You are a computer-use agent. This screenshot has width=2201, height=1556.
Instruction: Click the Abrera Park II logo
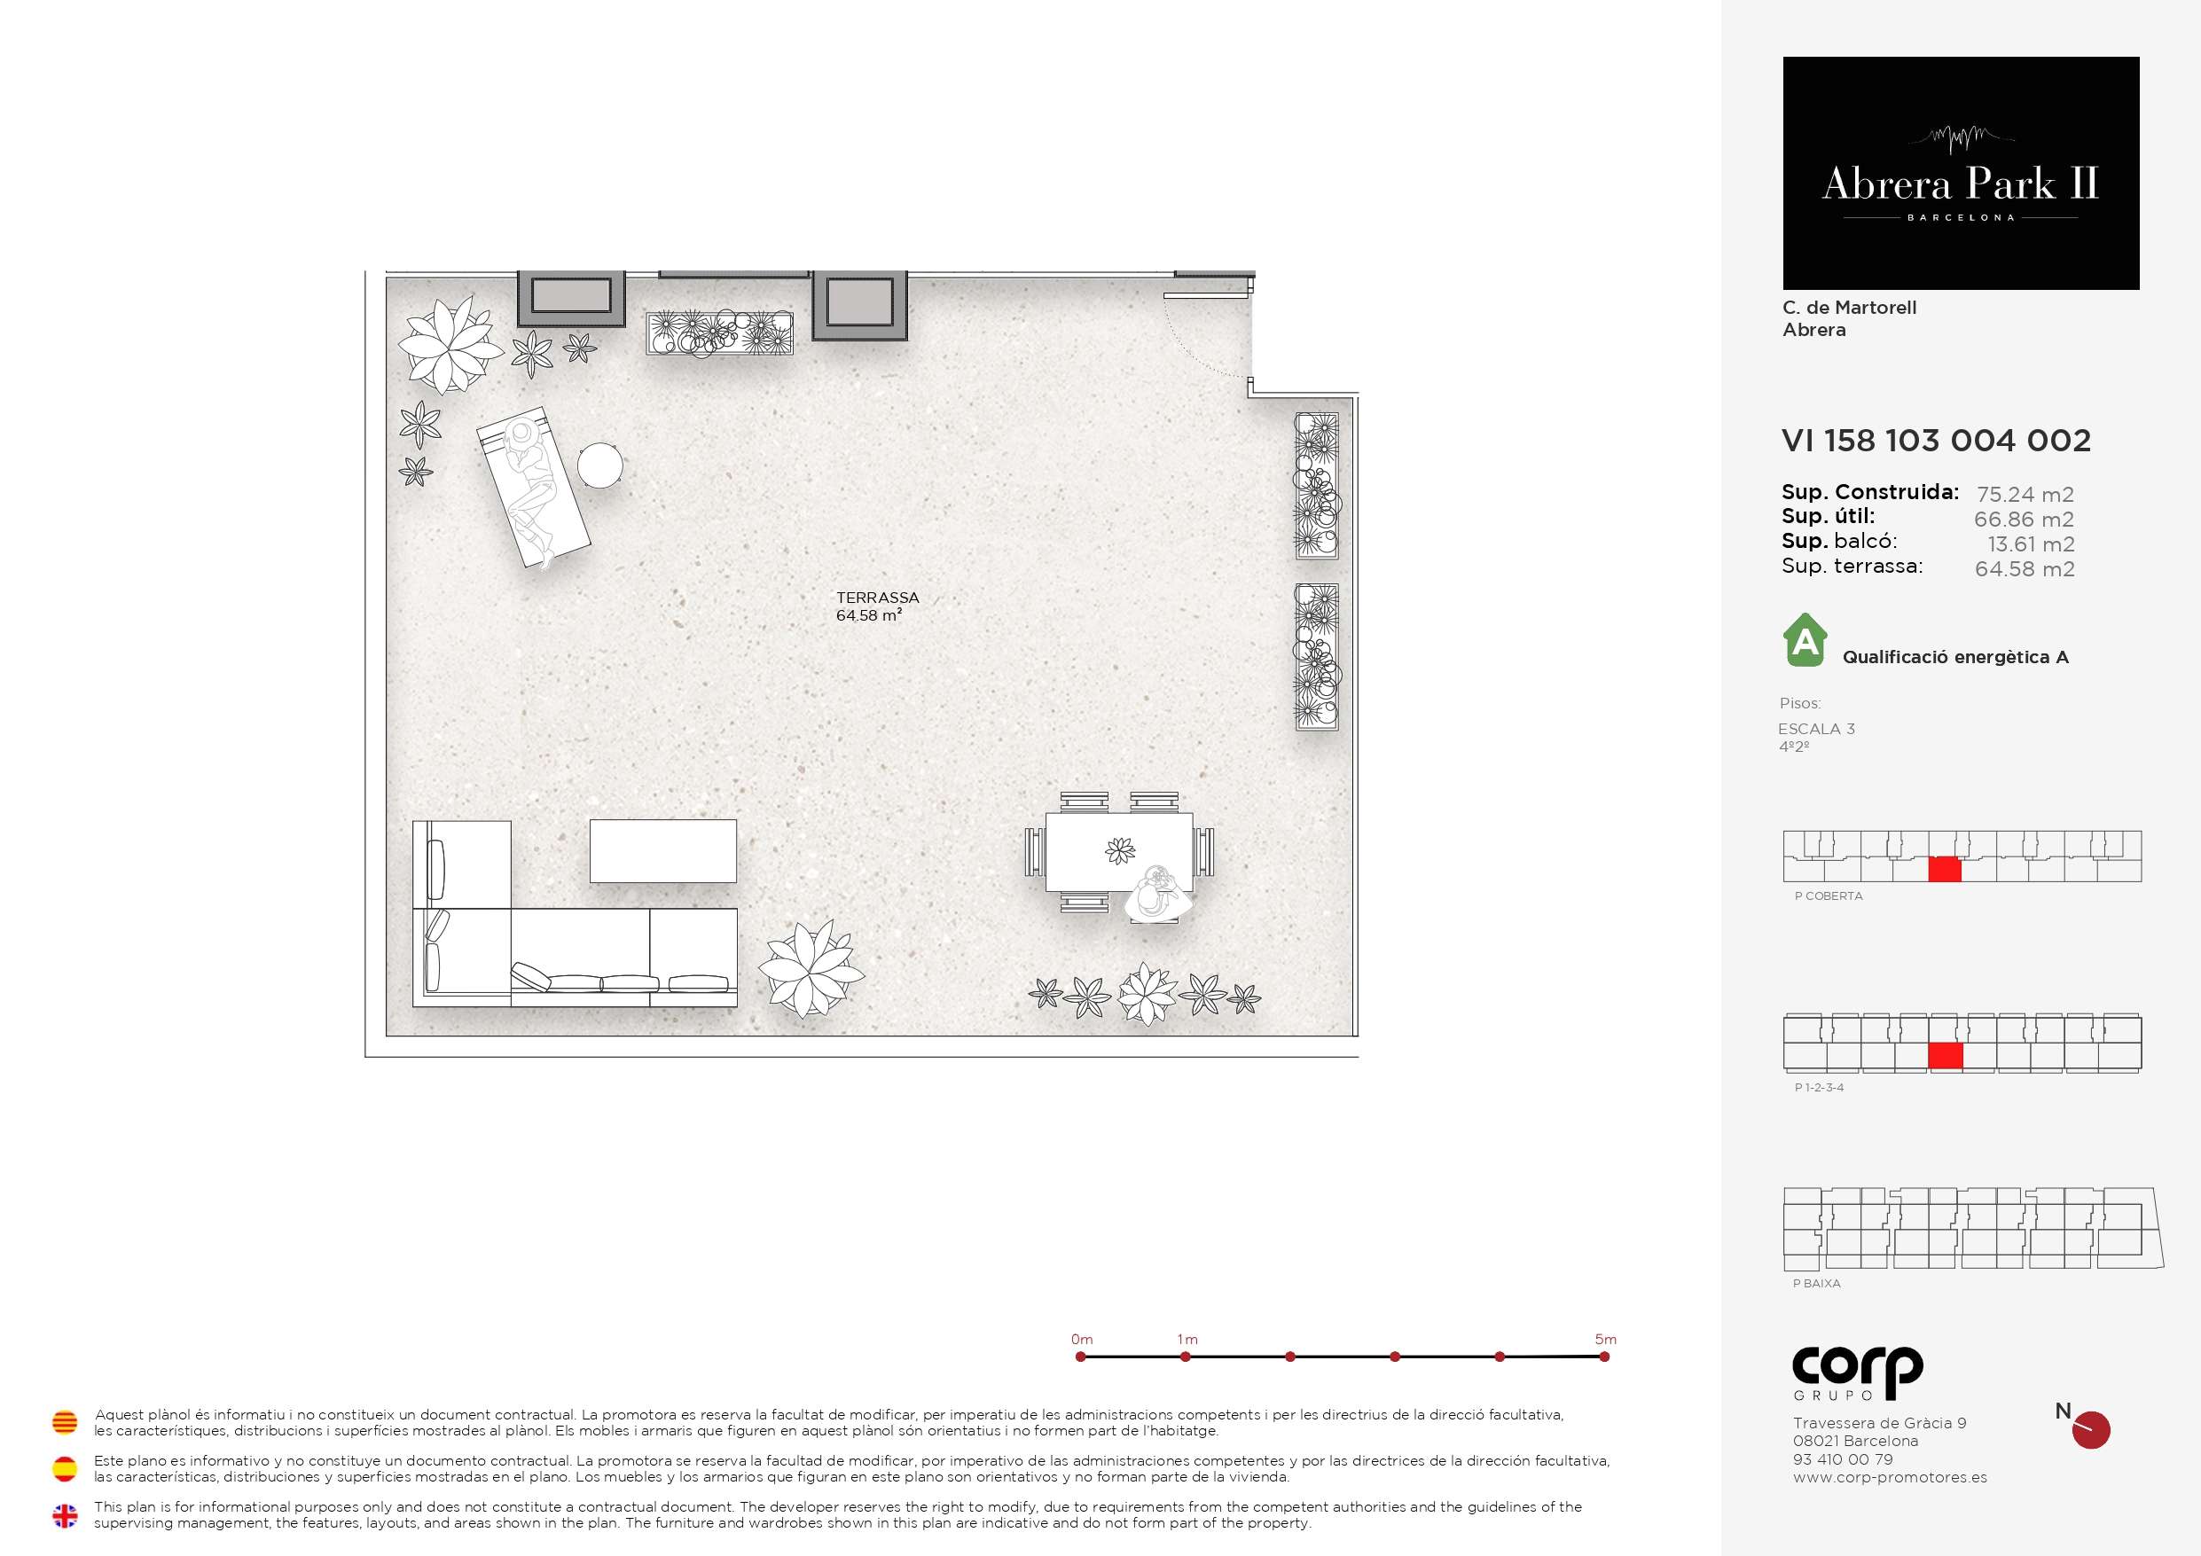coord(1961,173)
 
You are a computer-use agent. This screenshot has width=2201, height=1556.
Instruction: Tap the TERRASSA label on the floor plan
coord(877,598)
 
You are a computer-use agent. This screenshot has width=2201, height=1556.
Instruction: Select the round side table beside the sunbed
coord(600,466)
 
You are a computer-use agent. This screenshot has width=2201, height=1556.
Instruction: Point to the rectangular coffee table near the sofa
coord(663,850)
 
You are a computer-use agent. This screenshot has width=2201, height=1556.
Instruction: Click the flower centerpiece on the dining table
coord(1120,850)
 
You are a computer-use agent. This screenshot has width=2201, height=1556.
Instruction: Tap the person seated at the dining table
coord(1158,894)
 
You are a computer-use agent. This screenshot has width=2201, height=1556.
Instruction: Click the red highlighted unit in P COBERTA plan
coord(1944,870)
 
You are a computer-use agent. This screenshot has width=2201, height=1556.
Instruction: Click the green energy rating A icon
coord(1805,639)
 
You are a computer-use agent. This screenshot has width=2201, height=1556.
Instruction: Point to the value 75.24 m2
coord(2025,495)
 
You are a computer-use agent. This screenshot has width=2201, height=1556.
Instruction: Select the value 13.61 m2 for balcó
coord(2031,544)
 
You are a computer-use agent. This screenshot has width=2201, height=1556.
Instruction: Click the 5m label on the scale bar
coord(1606,1340)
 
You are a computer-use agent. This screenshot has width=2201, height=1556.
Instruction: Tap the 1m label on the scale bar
coord(1187,1340)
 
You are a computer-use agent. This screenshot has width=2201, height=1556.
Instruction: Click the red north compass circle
coord(2091,1430)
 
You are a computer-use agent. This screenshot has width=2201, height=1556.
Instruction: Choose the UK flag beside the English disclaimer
coord(64,1516)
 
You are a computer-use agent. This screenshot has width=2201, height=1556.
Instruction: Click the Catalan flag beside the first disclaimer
coord(64,1422)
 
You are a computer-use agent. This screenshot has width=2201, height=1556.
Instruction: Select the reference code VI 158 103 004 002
coord(1936,440)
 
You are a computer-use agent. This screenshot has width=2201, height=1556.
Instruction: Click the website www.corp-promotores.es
coord(1890,1477)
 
